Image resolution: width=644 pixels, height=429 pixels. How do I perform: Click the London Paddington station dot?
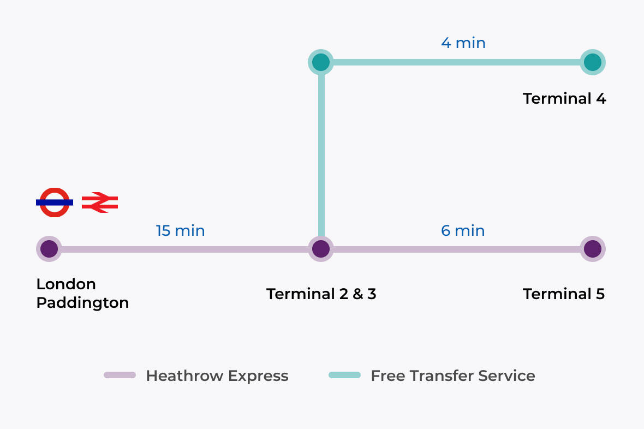coord(49,249)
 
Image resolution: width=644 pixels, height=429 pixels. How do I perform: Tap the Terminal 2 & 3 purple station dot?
coord(321,249)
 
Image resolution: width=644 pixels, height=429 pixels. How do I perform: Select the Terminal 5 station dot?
coord(592,249)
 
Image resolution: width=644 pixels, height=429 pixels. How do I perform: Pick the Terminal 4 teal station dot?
coord(592,62)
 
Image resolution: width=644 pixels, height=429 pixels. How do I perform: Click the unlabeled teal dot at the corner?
coord(321,62)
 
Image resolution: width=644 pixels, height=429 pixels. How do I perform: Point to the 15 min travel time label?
coord(180,231)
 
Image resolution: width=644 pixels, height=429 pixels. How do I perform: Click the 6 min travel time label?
coord(463,231)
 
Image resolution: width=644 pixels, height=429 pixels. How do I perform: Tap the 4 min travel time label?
coord(463,43)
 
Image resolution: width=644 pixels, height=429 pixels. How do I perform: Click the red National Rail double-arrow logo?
coord(100,202)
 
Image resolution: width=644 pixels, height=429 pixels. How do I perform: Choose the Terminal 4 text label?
coord(564,99)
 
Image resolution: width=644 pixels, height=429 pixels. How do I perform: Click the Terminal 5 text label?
coord(564,294)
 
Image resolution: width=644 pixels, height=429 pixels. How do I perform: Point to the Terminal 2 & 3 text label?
coord(321,294)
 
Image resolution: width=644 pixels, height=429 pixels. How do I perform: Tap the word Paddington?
coord(82,303)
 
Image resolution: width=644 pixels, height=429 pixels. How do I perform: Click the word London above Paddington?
coord(66,284)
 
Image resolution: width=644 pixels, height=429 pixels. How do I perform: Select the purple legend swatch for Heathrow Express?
coord(120,376)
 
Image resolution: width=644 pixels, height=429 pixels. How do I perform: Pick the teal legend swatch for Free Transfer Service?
coord(344,376)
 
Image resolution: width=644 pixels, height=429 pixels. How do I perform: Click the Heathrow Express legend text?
coord(217,376)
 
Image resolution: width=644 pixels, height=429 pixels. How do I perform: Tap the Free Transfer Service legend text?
coord(453,376)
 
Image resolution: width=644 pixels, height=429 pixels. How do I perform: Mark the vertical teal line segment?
coord(321,153)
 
